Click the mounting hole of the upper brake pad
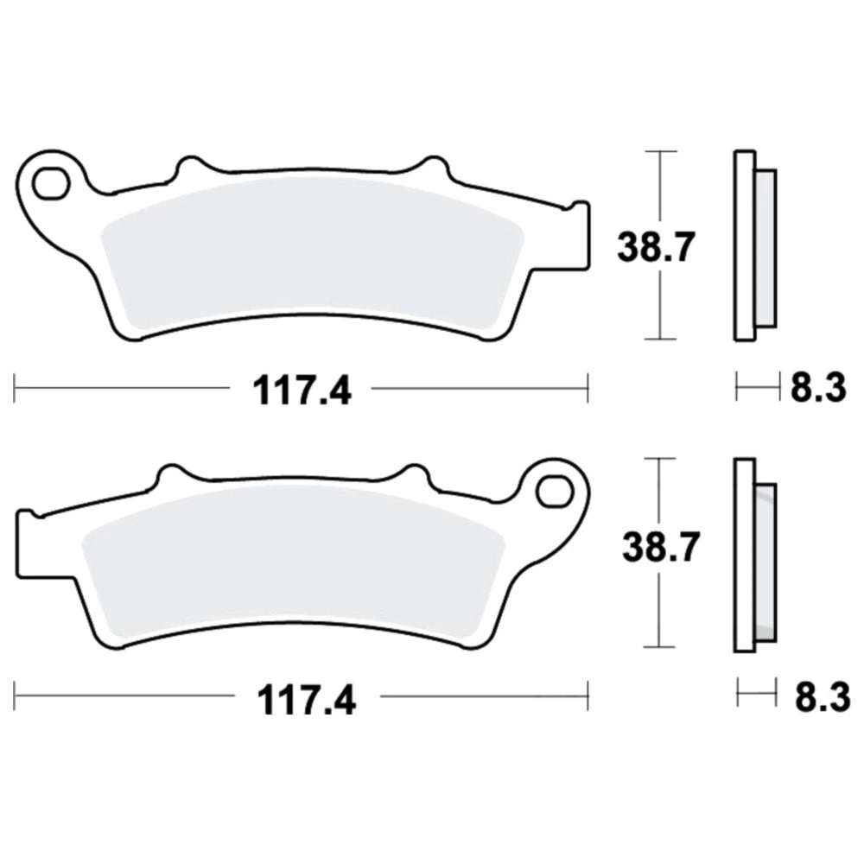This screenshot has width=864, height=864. click(51, 183)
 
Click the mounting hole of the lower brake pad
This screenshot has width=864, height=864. click(555, 491)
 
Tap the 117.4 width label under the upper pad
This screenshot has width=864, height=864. click(302, 391)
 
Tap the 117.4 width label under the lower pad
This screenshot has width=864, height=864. click(307, 699)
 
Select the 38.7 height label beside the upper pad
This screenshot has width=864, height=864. click(656, 247)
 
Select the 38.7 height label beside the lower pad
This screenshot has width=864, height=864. click(661, 547)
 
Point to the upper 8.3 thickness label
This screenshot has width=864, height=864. click(818, 388)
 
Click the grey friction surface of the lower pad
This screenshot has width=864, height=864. click(292, 563)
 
